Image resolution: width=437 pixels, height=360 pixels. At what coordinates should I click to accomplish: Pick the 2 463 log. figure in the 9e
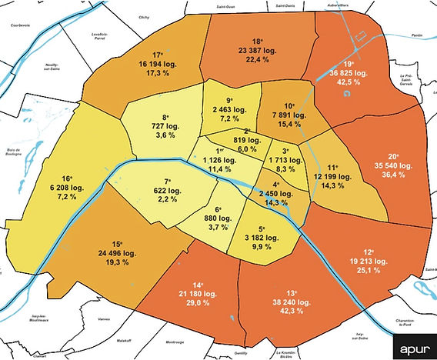coord(225,110)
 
